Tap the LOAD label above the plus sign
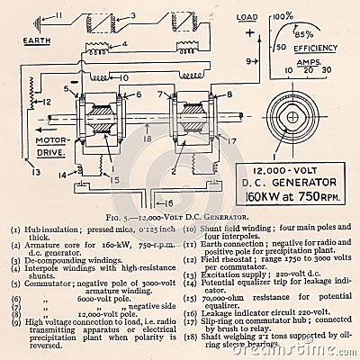point(246,17)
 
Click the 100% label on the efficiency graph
point(284,16)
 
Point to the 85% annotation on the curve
point(302,33)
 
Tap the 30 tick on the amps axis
point(325,69)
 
